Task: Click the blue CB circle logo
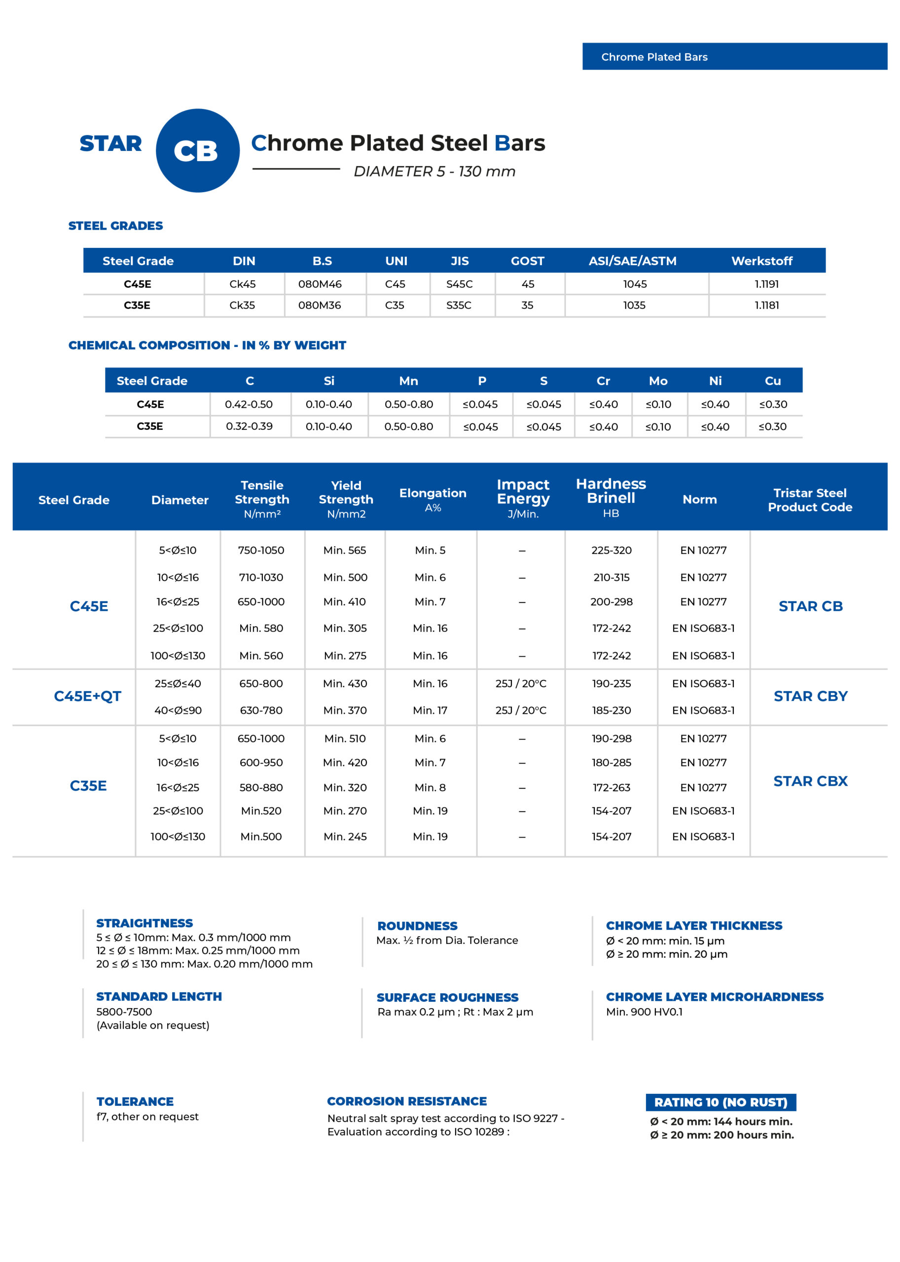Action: (197, 151)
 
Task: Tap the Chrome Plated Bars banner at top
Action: (734, 57)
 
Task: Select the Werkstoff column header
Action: (761, 261)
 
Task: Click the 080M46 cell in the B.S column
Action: (320, 284)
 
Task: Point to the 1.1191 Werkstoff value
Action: (766, 284)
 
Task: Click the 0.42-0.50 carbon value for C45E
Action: (249, 404)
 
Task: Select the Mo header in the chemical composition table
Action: (658, 381)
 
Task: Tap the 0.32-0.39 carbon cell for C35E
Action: (249, 426)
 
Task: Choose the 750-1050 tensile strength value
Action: (261, 550)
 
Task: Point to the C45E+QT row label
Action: (88, 697)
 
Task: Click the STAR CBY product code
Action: (810, 697)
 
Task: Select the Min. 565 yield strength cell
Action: (345, 550)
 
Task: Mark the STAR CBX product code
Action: (810, 781)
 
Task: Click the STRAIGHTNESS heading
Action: (144, 923)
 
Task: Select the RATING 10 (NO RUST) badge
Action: (720, 1102)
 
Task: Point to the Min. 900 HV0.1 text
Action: (644, 1012)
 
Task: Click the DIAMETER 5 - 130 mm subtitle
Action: (434, 172)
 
